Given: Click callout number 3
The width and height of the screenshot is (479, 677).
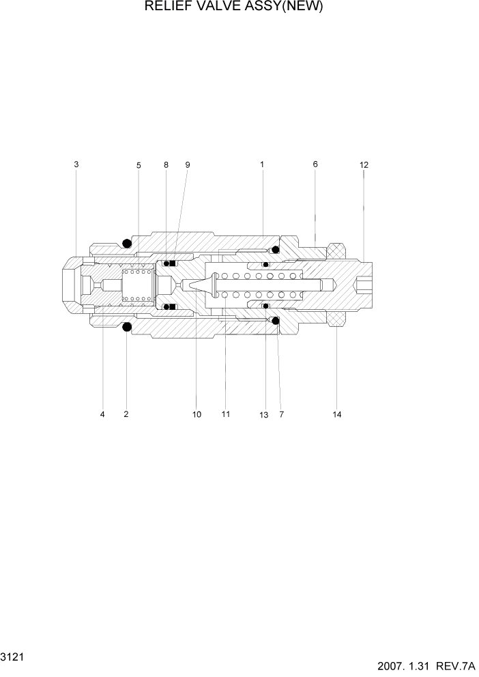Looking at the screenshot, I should (76, 164).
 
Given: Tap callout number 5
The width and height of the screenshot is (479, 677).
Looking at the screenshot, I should (139, 165).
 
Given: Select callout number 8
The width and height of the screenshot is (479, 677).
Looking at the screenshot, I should (166, 165).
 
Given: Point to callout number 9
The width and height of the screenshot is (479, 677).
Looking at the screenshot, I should (188, 165).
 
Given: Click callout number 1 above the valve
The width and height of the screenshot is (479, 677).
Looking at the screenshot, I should (262, 164).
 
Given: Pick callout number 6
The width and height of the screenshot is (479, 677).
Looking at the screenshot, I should (315, 164).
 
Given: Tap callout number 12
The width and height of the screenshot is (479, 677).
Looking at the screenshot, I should (364, 165).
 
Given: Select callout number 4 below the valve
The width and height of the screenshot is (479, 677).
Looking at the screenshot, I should (102, 414).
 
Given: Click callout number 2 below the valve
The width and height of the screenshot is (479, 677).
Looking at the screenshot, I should (126, 414).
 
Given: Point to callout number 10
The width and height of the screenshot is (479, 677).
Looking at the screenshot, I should (197, 414).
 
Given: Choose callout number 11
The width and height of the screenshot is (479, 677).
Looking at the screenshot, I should (226, 414).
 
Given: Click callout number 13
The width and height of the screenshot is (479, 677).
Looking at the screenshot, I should (264, 415).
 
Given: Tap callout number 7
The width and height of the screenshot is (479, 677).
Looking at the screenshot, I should (281, 414).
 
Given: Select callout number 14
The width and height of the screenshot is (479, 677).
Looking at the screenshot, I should (337, 414).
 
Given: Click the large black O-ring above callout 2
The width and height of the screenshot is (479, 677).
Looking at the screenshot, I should (126, 328).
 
